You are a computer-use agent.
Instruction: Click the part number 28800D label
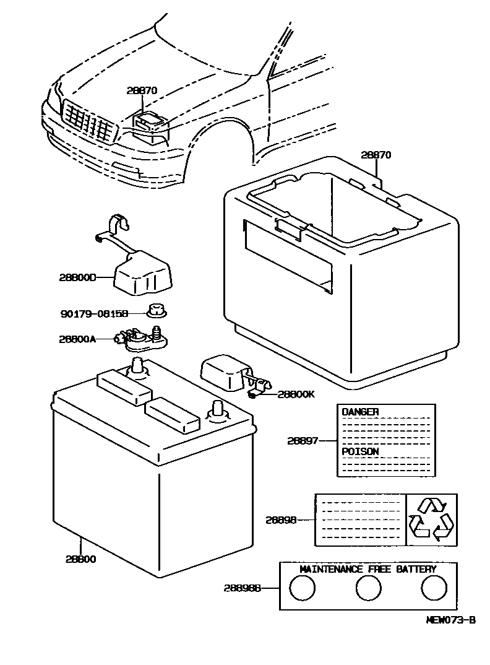pyautogui.click(x=78, y=278)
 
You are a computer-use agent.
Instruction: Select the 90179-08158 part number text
pyautogui.click(x=94, y=314)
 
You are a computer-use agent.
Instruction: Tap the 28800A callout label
pyautogui.click(x=78, y=339)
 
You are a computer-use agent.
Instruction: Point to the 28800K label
pyautogui.click(x=296, y=393)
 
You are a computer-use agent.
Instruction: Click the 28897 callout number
pyautogui.click(x=303, y=441)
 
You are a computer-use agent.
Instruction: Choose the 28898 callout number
pyautogui.click(x=282, y=520)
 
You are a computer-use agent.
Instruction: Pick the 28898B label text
pyautogui.click(x=243, y=588)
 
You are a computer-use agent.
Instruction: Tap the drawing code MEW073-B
pyautogui.click(x=450, y=620)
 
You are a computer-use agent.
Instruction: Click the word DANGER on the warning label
pyautogui.click(x=360, y=412)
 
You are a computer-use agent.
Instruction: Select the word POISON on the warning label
pyautogui.click(x=360, y=451)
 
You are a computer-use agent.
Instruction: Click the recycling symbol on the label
pyautogui.click(x=432, y=520)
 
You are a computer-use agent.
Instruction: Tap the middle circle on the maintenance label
pyautogui.click(x=369, y=588)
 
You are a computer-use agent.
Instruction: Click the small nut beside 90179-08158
pyautogui.click(x=156, y=312)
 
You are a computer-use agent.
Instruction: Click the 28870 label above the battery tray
pyautogui.click(x=376, y=155)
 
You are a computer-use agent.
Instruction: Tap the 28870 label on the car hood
pyautogui.click(x=142, y=90)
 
